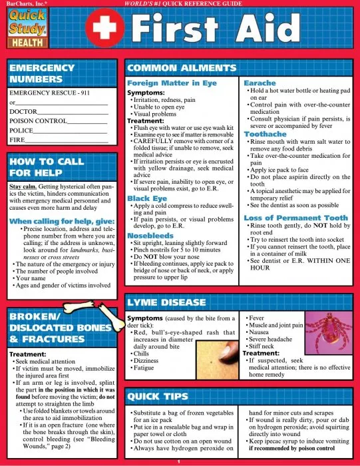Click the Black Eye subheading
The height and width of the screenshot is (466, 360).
[x=148, y=198]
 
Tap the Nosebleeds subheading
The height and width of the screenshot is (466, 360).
[x=152, y=235]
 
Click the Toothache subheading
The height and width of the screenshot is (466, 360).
[x=266, y=134]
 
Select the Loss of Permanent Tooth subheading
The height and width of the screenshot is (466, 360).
[x=295, y=218]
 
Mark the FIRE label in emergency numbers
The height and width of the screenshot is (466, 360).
[x=18, y=140]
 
